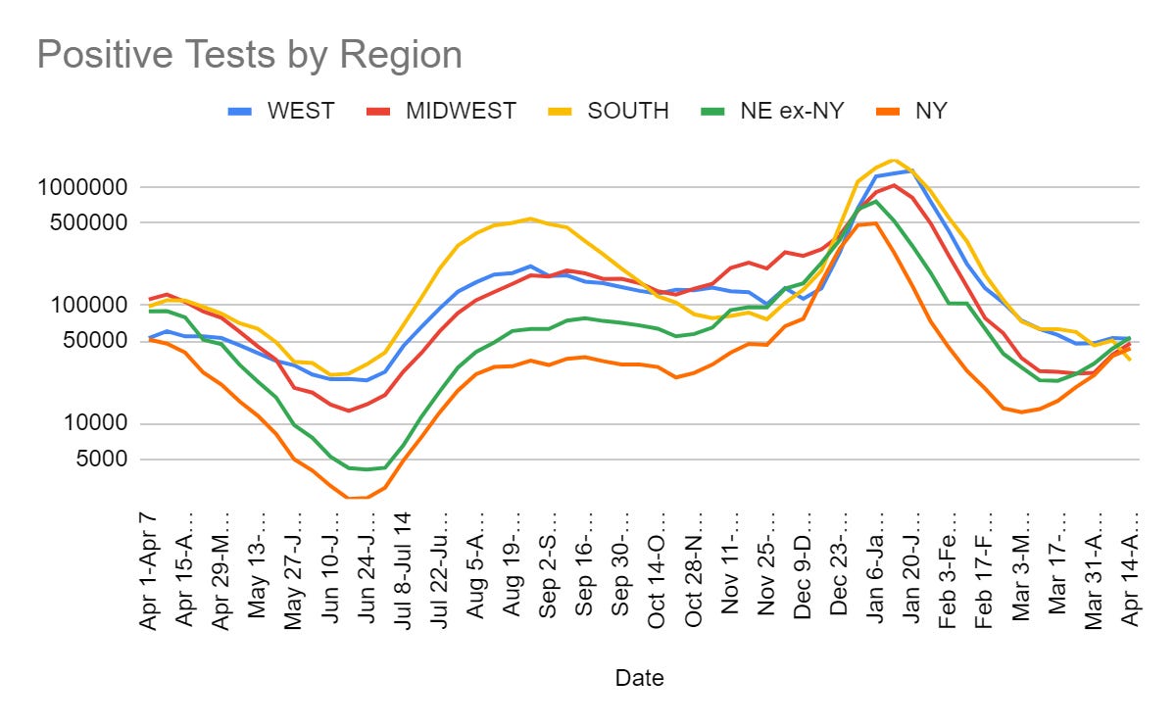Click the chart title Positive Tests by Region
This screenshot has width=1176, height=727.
(x=250, y=55)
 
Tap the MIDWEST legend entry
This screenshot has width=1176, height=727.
(x=461, y=111)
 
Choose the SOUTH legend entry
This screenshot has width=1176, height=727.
(x=628, y=111)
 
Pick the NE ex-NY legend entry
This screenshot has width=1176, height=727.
(x=789, y=111)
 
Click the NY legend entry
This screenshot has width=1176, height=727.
(x=930, y=111)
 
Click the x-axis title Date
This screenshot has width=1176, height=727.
(x=639, y=678)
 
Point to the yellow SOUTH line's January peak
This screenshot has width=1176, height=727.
(x=892, y=160)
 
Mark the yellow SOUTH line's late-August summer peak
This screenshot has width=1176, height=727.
(x=530, y=218)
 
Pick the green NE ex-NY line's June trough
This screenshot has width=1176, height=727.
(x=367, y=469)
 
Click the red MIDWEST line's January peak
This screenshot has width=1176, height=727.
(x=894, y=185)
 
